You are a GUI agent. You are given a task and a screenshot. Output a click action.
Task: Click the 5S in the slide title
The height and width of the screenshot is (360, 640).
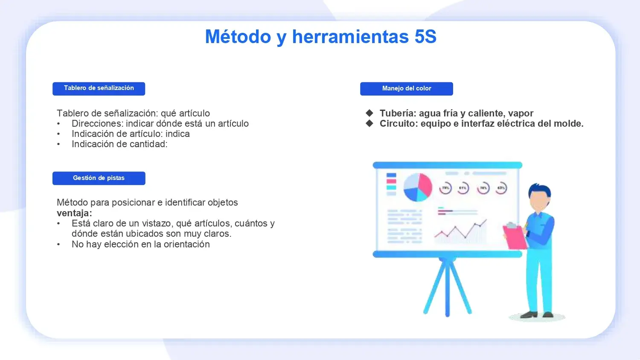pyautogui.click(x=425, y=37)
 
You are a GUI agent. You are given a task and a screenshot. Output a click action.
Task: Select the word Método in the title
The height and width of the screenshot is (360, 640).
pyautogui.click(x=238, y=37)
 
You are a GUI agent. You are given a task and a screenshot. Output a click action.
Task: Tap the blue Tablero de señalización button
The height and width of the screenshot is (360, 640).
pyautogui.click(x=99, y=89)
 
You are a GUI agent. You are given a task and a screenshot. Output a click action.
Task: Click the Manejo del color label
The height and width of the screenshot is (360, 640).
pyautogui.click(x=407, y=89)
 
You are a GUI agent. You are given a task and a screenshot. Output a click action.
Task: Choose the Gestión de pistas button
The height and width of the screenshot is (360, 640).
pyautogui.click(x=99, y=178)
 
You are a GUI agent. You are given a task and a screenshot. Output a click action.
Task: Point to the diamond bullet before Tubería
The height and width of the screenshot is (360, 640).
pyautogui.click(x=369, y=113)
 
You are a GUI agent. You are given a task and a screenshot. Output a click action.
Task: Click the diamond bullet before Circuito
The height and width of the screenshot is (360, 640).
pyautogui.click(x=369, y=123)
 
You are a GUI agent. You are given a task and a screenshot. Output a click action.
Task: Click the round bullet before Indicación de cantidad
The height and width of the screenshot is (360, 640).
pyautogui.click(x=58, y=144)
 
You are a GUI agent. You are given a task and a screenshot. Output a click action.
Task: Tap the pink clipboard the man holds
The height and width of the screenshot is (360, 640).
pyautogui.click(x=515, y=237)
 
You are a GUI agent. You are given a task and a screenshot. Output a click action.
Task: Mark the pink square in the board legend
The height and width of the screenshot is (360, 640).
pyautogui.click(x=391, y=181)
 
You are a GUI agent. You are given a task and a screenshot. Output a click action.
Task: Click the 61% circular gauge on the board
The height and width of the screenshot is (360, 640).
pyautogui.click(x=463, y=188)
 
